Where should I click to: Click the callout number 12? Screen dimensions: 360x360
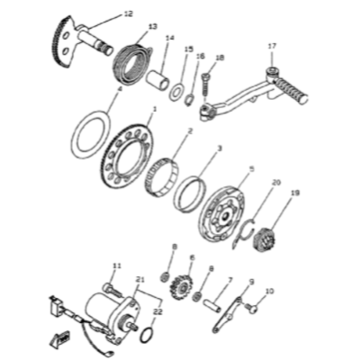pyautogui.click(x=129, y=14)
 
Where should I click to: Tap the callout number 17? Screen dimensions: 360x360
pyautogui.click(x=272, y=46)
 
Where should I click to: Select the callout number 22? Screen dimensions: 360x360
pyautogui.click(x=156, y=311)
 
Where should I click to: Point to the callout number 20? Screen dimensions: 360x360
pyautogui.click(x=276, y=182)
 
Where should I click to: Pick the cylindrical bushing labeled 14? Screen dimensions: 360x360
pyautogui.click(x=158, y=79)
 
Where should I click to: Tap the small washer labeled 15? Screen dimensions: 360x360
pyautogui.click(x=177, y=92)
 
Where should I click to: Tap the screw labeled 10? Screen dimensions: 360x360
pyautogui.click(x=251, y=308)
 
